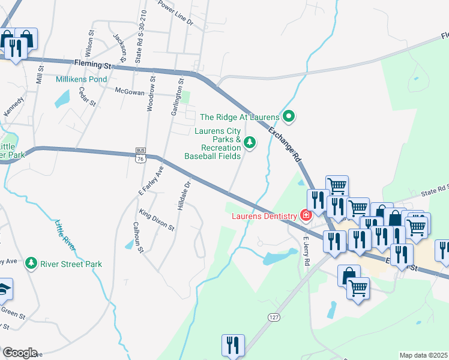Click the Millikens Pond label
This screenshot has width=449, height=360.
tap(81, 79)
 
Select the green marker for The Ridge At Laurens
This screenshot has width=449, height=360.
tap(289, 116)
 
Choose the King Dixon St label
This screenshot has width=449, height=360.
tap(156, 220)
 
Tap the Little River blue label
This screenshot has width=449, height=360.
tap(64, 231)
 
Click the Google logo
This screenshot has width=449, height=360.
tap(20, 352)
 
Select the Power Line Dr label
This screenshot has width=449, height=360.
tap(175, 13)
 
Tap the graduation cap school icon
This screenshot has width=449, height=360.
tap(4, 290)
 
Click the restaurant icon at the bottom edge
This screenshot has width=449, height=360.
tap(232, 346)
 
